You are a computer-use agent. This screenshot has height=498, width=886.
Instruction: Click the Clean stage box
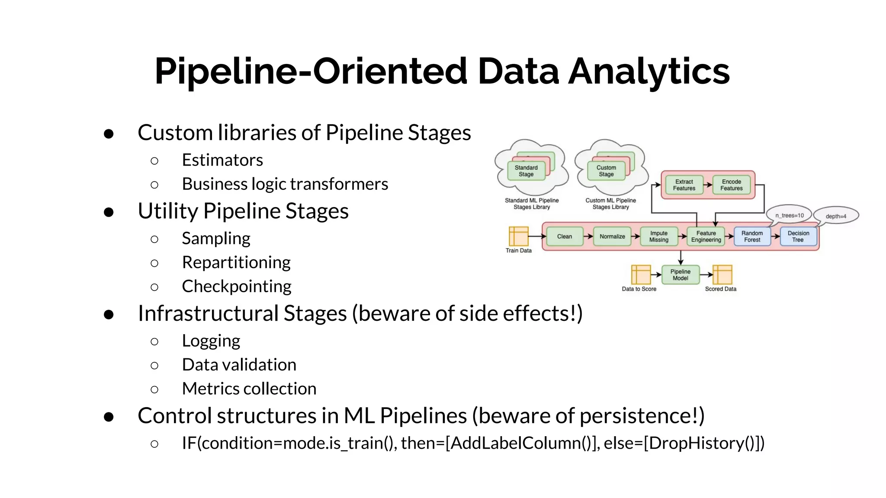click(x=564, y=236)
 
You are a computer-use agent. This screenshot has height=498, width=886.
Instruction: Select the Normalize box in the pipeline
click(x=612, y=236)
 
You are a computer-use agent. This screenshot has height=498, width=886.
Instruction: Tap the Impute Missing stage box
click(x=658, y=236)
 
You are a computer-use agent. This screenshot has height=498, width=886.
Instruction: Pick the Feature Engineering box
click(x=706, y=236)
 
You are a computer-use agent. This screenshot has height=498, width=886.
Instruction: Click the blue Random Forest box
click(x=752, y=236)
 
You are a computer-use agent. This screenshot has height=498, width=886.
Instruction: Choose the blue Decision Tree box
click(x=798, y=236)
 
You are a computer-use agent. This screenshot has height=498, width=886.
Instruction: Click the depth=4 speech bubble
click(x=836, y=216)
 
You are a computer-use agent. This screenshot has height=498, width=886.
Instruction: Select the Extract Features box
click(x=684, y=185)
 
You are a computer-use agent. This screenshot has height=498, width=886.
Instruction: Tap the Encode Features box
click(x=731, y=185)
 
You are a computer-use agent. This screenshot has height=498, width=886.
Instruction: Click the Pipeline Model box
click(x=680, y=275)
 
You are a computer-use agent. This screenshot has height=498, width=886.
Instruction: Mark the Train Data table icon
click(x=518, y=236)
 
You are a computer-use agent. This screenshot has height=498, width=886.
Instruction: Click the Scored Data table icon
click(x=722, y=275)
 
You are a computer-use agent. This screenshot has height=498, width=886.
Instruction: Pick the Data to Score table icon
click(x=641, y=275)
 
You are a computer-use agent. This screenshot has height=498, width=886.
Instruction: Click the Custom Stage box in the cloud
click(x=606, y=171)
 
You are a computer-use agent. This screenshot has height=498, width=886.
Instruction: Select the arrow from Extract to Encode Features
click(x=707, y=185)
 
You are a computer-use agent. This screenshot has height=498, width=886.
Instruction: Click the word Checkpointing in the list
click(x=236, y=286)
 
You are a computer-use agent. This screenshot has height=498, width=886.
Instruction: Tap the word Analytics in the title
click(x=649, y=71)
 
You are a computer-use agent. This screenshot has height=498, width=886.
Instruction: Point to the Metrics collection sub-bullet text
click(x=249, y=389)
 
